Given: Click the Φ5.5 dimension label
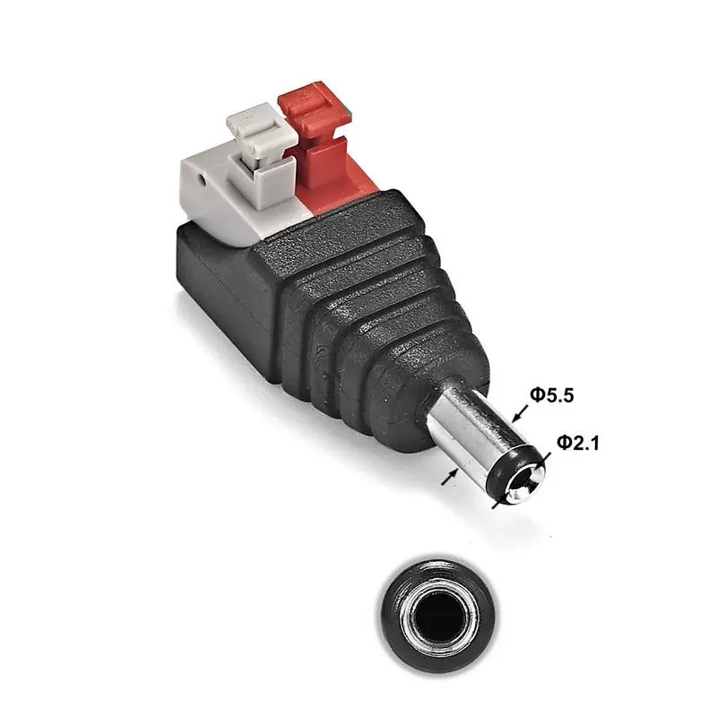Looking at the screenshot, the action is (x=551, y=395).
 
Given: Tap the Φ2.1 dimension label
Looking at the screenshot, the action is (x=577, y=443).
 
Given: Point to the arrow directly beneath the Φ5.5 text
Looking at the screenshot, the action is (x=520, y=413).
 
